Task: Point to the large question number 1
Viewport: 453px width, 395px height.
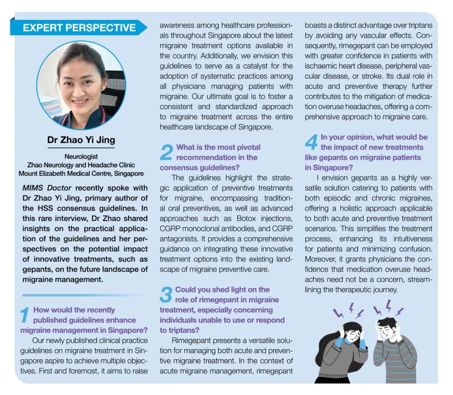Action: click(25, 316)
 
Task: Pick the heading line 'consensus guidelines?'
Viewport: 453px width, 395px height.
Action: click(191, 168)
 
